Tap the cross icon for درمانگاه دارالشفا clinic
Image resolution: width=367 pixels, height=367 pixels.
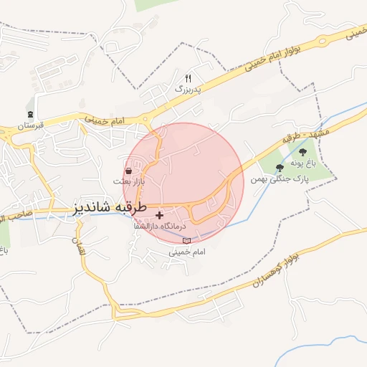pyautogui.click(x=159, y=215)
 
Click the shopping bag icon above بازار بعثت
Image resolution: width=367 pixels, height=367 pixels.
pyautogui.click(x=128, y=171)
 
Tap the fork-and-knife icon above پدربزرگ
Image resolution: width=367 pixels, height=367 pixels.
pyautogui.click(x=189, y=77)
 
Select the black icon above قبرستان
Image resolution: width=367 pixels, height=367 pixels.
pyautogui.click(x=30, y=113)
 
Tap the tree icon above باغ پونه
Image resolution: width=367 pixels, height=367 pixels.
pyautogui.click(x=302, y=152)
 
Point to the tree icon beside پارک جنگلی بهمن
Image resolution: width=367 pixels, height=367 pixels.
pyautogui.click(x=280, y=168)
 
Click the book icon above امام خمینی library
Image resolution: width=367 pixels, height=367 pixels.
pyautogui.click(x=187, y=241)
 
